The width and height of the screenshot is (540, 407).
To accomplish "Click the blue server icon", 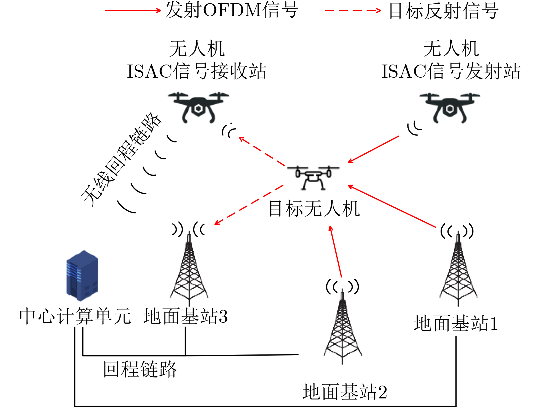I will (82, 275).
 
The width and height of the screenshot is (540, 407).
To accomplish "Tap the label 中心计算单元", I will (75, 316).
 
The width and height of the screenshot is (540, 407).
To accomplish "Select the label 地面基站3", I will (185, 316).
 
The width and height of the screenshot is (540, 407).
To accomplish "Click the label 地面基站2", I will (345, 392).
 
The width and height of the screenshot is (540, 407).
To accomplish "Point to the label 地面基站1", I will (456, 323).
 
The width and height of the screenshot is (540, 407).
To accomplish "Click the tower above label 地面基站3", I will (189, 271).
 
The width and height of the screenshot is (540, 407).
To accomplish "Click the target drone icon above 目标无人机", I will (313, 177).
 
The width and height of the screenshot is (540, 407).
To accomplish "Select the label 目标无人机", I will (314, 208).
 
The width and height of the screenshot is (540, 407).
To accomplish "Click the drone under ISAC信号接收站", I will (198, 107).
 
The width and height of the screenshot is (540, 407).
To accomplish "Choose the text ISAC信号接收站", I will (197, 71).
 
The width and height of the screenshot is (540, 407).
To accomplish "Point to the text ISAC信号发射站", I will (451, 71).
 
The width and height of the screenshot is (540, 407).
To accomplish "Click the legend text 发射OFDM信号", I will (232, 10).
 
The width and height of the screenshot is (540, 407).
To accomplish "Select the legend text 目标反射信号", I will (444, 11).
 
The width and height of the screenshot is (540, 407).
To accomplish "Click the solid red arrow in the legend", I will (133, 11).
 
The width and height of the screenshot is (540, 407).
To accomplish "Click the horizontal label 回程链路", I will (140, 369).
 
